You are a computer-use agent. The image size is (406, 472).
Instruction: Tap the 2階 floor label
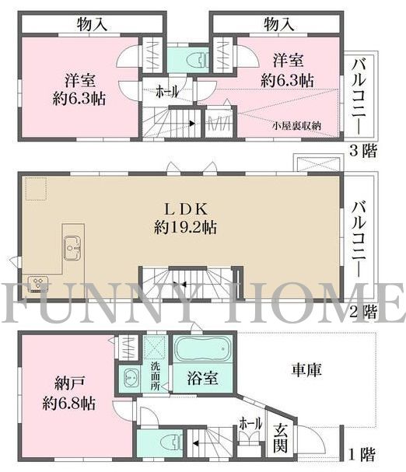(363, 312)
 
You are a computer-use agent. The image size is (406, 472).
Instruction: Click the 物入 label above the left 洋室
(93, 25)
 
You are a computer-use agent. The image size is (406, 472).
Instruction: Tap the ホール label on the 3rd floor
(166, 93)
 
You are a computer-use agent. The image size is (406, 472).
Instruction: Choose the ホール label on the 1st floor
(250, 424)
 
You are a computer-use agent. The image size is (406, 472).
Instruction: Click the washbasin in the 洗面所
(129, 380)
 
